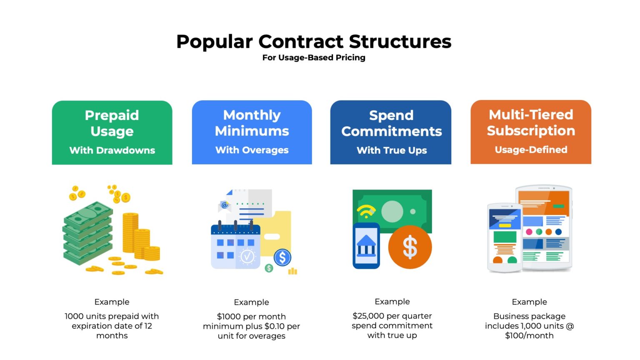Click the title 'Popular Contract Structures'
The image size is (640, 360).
pyautogui.click(x=314, y=42)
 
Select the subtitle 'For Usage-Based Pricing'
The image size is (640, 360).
pyautogui.click(x=314, y=57)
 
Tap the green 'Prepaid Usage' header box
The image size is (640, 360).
pyautogui.click(x=112, y=132)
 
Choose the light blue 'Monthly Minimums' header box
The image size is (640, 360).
pyautogui.click(x=252, y=132)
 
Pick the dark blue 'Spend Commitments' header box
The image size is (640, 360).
pyautogui.click(x=391, y=132)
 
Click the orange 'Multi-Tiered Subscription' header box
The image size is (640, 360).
pyautogui.click(x=531, y=132)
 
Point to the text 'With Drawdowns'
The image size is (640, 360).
pyautogui.click(x=112, y=150)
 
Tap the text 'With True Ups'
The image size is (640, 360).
pyautogui.click(x=392, y=150)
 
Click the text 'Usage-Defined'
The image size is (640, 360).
pyautogui.click(x=531, y=150)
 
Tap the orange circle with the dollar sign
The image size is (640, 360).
pyautogui.click(x=410, y=247)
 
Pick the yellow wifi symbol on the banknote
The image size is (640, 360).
pyautogui.click(x=366, y=211)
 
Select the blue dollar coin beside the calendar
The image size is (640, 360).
pyautogui.click(x=282, y=257)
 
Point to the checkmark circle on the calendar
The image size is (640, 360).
pyautogui.click(x=247, y=256)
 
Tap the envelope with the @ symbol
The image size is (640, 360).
pyautogui.click(x=225, y=205)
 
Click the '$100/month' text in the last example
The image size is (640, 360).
pyautogui.click(x=529, y=335)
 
